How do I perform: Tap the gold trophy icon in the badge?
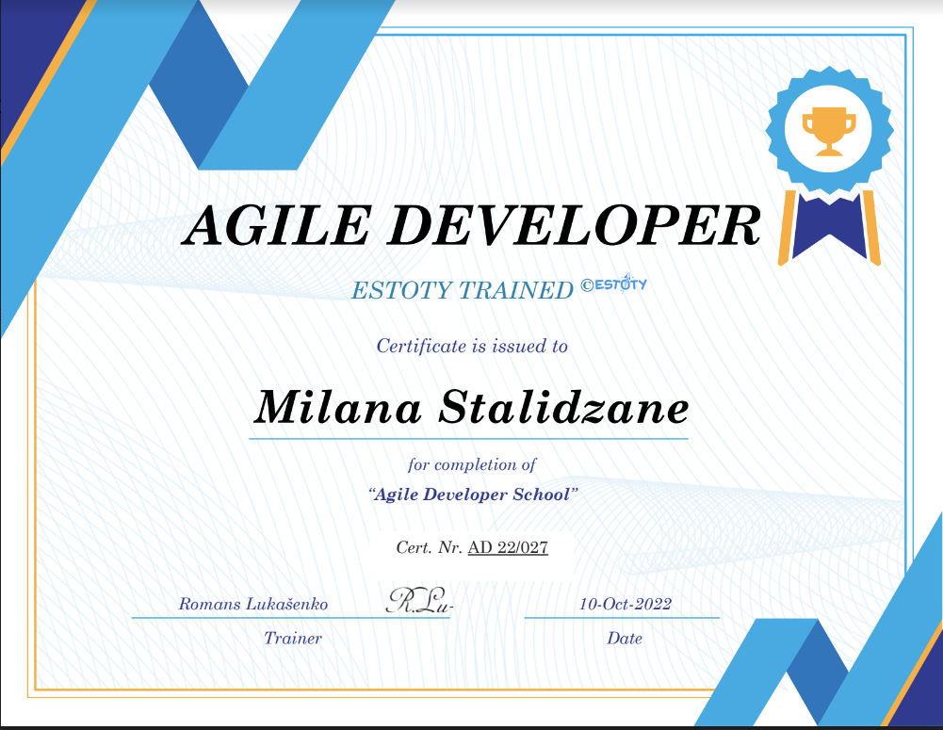tap(828, 130)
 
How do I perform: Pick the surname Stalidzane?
tap(564, 408)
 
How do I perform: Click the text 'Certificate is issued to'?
tap(472, 346)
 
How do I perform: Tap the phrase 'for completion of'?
tap(472, 464)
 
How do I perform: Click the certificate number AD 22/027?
tap(508, 546)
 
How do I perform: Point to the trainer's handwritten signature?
tap(418, 601)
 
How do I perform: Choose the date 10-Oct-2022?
tap(626, 604)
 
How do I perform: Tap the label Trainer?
tap(293, 639)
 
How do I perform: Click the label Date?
tap(625, 639)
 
